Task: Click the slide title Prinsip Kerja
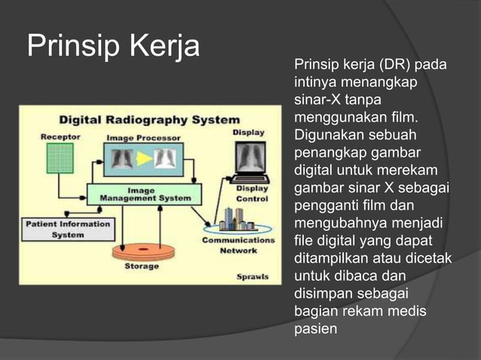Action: [113, 47]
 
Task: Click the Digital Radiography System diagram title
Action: [149, 120]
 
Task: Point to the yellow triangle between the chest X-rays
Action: [143, 159]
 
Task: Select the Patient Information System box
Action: [67, 229]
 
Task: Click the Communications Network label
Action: [238, 246]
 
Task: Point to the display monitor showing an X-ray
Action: [248, 160]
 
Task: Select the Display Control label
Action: [252, 194]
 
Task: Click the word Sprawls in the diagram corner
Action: [252, 276]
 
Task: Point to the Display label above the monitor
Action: [248, 133]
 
